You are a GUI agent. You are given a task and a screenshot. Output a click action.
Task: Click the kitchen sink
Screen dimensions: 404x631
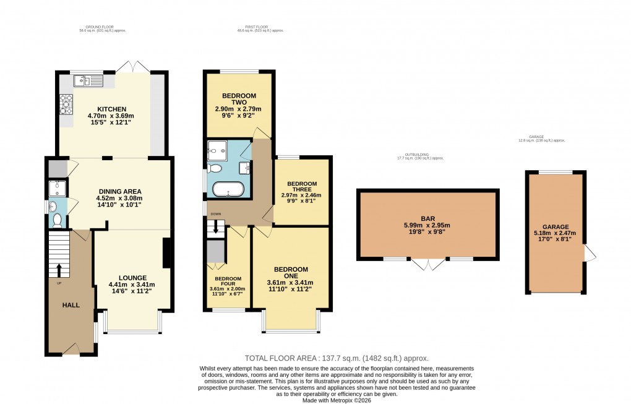click(87, 80)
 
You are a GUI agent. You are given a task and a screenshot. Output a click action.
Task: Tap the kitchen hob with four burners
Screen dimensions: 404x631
click(65, 105)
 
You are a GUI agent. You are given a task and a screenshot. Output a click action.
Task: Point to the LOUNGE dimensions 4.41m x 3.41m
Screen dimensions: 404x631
click(132, 285)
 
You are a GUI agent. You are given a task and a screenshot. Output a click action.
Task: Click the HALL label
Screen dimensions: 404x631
click(71, 305)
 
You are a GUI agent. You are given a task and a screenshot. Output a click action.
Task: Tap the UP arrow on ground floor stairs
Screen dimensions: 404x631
click(59, 269)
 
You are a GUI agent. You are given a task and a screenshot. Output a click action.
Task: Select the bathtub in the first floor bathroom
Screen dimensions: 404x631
click(229, 189)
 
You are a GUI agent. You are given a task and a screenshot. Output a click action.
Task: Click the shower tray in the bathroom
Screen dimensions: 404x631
click(217, 149)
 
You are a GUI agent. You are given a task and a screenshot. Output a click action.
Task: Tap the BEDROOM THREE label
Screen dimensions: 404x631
click(301, 187)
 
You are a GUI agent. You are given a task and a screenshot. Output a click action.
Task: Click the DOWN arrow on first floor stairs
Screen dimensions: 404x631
click(215, 228)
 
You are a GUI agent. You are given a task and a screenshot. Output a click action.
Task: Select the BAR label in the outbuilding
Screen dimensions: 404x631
click(427, 218)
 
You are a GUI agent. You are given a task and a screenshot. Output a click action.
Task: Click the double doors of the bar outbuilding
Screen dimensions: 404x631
click(427, 264)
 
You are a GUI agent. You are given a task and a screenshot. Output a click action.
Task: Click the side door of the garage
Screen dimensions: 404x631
click(590, 254)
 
